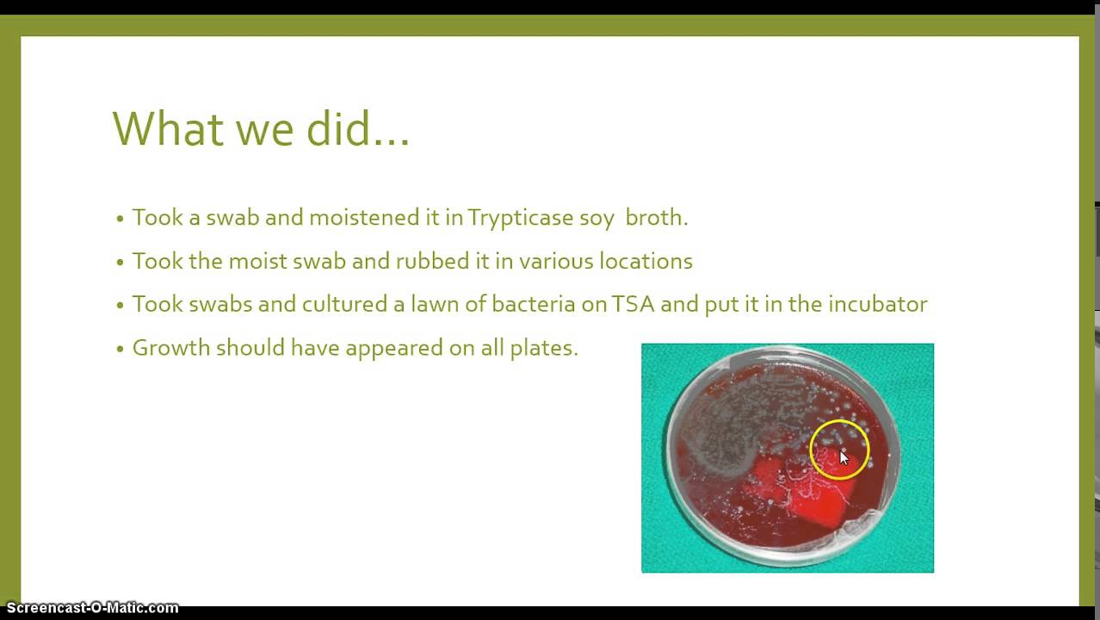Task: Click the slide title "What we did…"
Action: [x=261, y=128]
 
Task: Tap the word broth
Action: [x=656, y=218]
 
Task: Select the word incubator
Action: [x=877, y=304]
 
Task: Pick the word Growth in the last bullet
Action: [x=170, y=348]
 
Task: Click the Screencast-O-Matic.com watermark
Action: [x=92, y=608]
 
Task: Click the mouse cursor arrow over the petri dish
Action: [x=844, y=458]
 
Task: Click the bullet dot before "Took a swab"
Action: [x=121, y=219]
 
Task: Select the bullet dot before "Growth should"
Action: [x=121, y=349]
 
